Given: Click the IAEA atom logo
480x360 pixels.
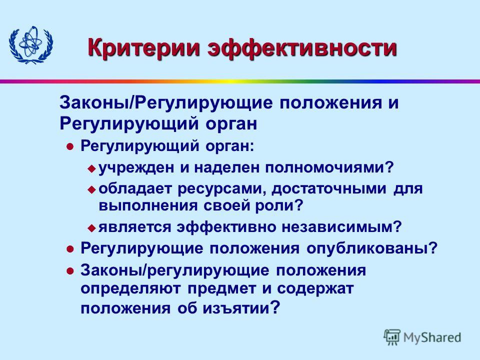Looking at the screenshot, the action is [31, 45].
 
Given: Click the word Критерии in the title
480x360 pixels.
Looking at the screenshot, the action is [143, 47].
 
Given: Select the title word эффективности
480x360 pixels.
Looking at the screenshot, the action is [302, 47].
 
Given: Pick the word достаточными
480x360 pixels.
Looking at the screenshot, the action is [329, 189].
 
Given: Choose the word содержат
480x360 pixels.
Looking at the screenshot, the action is [315, 289].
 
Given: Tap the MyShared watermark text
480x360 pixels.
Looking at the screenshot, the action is [432, 337].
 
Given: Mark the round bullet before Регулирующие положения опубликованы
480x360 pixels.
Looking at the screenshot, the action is [70, 249].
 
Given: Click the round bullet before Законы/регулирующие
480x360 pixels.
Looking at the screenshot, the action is [70, 271].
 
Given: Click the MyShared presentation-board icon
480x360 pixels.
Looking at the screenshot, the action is [392, 337].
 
